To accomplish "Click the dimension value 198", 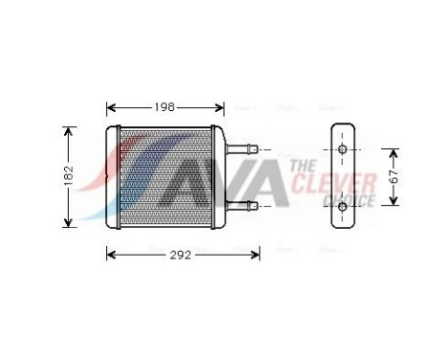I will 165,108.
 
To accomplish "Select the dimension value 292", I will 181,255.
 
